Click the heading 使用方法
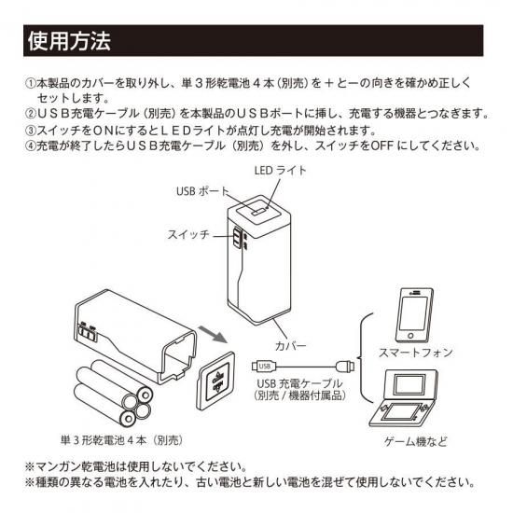click(x=69, y=41)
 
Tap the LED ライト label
click(x=280, y=170)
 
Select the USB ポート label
click(x=202, y=191)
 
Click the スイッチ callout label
click(x=188, y=234)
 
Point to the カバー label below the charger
click(x=291, y=346)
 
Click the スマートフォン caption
click(x=415, y=353)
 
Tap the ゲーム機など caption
click(x=415, y=442)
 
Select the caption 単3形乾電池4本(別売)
click(x=121, y=440)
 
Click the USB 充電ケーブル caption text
click(x=299, y=383)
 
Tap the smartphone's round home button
click(x=410, y=336)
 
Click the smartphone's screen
click(x=414, y=312)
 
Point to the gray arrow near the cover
click(x=213, y=335)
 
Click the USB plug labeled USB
click(x=264, y=367)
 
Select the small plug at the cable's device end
click(x=345, y=366)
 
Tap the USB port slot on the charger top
click(x=258, y=212)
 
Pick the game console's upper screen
click(x=409, y=385)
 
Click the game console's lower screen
click(x=402, y=412)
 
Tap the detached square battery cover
click(x=216, y=381)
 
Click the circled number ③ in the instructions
click(x=31, y=131)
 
